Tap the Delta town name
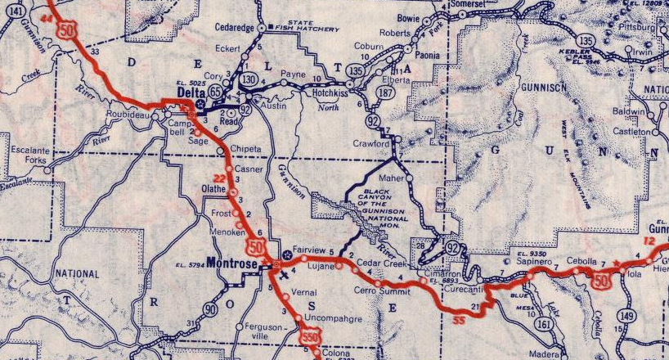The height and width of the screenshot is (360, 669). pyautogui.click(x=190, y=92)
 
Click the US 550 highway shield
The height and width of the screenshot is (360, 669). pyautogui.click(x=309, y=335)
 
